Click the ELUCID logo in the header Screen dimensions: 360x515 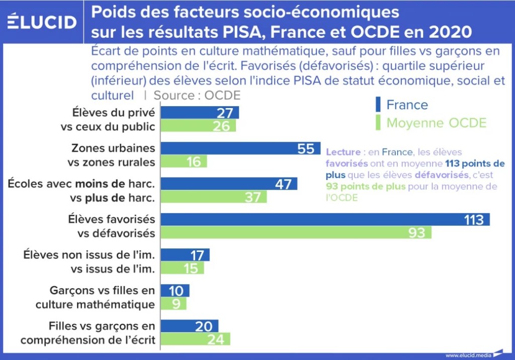(x=42, y=22)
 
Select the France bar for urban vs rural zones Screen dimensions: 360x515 (x=240, y=148)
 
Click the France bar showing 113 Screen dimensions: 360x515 (x=325, y=220)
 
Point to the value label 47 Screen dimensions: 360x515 (x=283, y=184)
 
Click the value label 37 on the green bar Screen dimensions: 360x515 (x=252, y=197)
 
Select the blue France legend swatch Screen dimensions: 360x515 (x=378, y=105)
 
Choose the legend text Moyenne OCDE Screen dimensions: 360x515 (x=437, y=123)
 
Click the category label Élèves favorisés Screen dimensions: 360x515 (x=112, y=220)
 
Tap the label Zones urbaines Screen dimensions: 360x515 (x=113, y=148)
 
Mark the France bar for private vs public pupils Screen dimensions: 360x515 (x=200, y=113)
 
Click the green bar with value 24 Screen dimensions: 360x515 (x=195, y=339)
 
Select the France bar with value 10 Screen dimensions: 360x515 (x=175, y=291)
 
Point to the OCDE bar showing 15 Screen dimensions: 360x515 (x=182, y=268)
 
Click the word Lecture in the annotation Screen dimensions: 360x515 (x=343, y=152)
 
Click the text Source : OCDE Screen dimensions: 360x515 (x=197, y=95)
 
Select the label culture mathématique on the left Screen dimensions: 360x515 (x=95, y=304)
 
